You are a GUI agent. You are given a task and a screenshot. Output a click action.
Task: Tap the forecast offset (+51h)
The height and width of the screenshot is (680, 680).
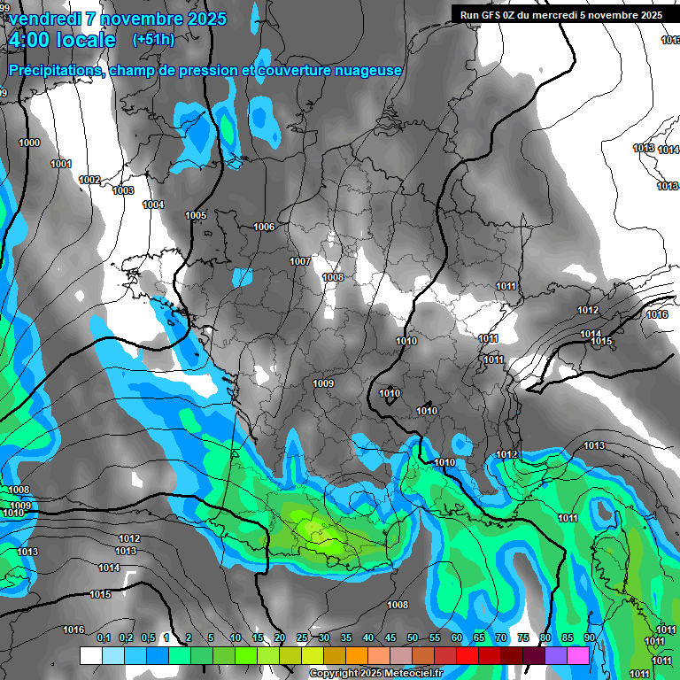[153, 40]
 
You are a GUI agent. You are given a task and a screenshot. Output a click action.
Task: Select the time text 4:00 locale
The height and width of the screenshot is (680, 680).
[61, 41]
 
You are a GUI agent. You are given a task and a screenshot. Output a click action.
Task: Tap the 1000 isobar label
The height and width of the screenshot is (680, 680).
[29, 143]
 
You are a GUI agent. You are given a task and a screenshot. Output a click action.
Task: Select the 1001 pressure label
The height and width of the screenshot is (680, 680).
[61, 164]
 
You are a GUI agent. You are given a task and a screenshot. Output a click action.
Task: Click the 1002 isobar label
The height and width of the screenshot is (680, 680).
[89, 180]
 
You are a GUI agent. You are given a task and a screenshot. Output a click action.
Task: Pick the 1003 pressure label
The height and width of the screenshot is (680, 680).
[123, 190]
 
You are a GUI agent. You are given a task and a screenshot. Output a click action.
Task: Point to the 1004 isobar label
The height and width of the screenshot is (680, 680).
[153, 205]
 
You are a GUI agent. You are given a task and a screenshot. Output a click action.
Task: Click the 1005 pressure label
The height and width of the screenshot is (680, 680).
[196, 215]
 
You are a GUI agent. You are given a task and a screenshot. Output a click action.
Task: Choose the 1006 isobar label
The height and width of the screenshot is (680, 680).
[264, 227]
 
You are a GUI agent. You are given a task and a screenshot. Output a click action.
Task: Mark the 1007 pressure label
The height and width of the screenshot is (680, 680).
[300, 261]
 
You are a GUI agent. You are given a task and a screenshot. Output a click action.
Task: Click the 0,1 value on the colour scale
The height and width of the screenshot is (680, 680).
[103, 638]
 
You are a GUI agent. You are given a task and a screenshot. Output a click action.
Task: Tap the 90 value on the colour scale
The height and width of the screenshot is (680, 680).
[590, 638]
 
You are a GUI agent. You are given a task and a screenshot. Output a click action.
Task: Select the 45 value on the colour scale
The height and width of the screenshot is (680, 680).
[390, 638]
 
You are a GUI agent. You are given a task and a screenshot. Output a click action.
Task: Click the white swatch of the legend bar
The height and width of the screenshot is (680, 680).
[90, 655]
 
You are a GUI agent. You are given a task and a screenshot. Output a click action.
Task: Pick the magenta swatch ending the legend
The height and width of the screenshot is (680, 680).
[578, 655]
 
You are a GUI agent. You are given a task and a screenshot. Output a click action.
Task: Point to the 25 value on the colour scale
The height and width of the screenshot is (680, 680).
[302, 638]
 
